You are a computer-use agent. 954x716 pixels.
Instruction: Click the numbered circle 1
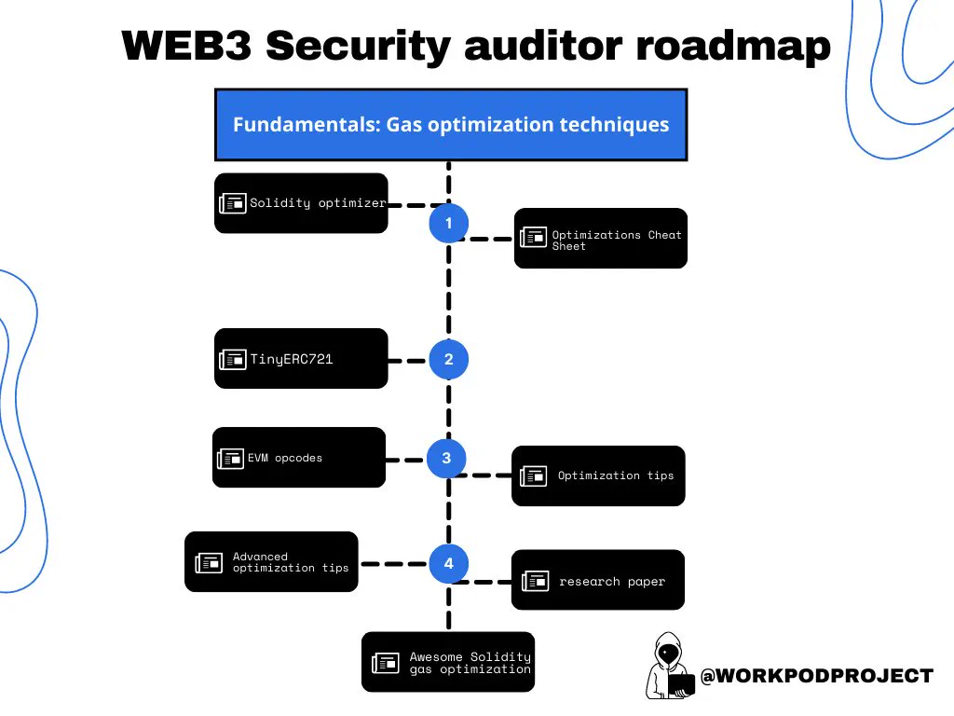(x=448, y=224)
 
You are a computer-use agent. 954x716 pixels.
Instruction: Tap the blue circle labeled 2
(x=448, y=359)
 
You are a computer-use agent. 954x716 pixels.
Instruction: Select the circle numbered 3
(x=446, y=458)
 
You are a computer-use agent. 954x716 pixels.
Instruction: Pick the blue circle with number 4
(x=448, y=563)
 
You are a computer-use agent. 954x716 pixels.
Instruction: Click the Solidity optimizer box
(x=301, y=202)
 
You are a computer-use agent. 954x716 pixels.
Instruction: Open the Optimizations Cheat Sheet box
(x=601, y=238)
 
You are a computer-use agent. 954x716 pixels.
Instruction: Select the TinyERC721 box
(x=301, y=359)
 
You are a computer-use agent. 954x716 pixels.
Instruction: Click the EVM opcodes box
(x=299, y=457)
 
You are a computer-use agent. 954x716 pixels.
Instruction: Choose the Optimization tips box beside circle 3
(x=598, y=475)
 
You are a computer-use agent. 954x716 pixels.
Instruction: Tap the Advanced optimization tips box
(x=271, y=561)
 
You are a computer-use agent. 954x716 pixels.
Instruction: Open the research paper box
(x=598, y=580)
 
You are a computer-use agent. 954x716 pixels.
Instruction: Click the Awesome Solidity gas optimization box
(x=448, y=662)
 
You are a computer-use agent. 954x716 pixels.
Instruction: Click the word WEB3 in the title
(x=186, y=45)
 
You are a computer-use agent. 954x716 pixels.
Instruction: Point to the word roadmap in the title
(x=733, y=47)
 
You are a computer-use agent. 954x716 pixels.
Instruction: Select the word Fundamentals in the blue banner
(x=307, y=124)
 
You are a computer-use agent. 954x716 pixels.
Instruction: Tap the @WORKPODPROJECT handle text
(x=816, y=676)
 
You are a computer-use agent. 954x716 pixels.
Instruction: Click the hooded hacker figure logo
(x=669, y=666)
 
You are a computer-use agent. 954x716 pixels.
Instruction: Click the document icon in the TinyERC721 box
(x=232, y=359)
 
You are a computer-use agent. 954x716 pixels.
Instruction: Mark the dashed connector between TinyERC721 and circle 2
(x=407, y=361)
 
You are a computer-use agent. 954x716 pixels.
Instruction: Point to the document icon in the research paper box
(x=536, y=581)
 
